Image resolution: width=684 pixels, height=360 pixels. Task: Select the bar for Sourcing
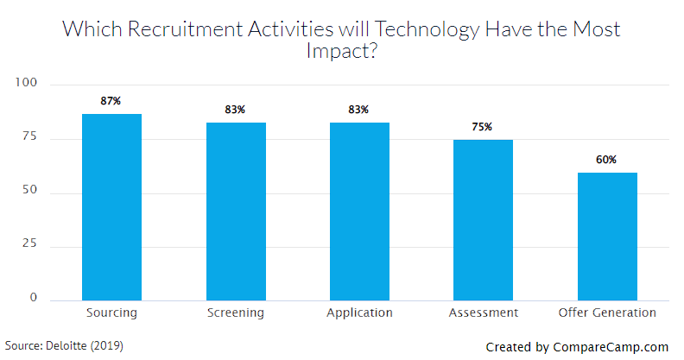click(x=111, y=207)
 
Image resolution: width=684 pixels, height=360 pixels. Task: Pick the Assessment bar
click(x=483, y=220)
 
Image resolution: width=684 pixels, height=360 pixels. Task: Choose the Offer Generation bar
click(x=607, y=237)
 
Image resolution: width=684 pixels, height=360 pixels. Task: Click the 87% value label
click(x=111, y=101)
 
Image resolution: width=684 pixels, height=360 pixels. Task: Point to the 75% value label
click(x=482, y=127)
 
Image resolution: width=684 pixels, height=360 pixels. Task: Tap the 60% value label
click(x=606, y=160)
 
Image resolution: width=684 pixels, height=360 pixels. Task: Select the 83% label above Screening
click(x=235, y=110)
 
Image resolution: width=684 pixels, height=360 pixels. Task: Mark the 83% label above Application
click(x=359, y=110)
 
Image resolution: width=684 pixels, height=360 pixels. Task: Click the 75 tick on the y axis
click(x=30, y=138)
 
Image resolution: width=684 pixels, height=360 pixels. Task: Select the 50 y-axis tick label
click(x=30, y=192)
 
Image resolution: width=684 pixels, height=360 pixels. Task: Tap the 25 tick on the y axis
click(x=30, y=246)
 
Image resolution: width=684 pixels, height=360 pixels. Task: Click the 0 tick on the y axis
click(x=34, y=298)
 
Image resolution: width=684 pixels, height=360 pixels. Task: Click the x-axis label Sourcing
click(x=111, y=313)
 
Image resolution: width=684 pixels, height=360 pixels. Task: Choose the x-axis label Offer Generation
click(x=606, y=313)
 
